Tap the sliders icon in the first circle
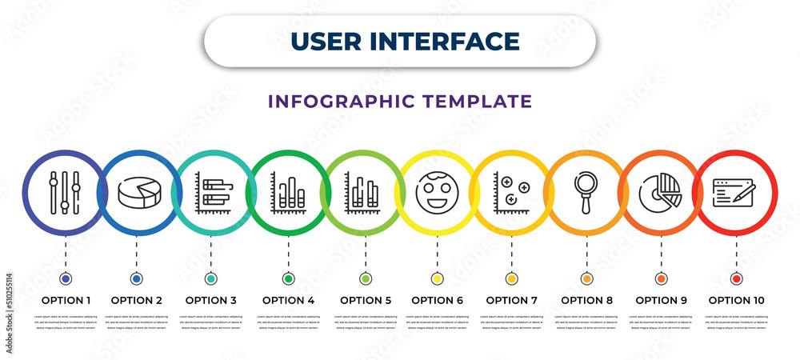coord(64,192)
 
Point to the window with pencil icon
coord(734,193)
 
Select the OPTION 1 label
coord(65,301)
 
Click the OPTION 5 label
coord(366,301)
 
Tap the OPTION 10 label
coord(736,301)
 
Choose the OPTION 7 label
coord(512,301)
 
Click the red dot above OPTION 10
coord(736,278)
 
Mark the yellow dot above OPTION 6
coord(437,278)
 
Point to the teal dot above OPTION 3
coord(210,278)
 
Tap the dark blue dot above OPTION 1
coord(65,278)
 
